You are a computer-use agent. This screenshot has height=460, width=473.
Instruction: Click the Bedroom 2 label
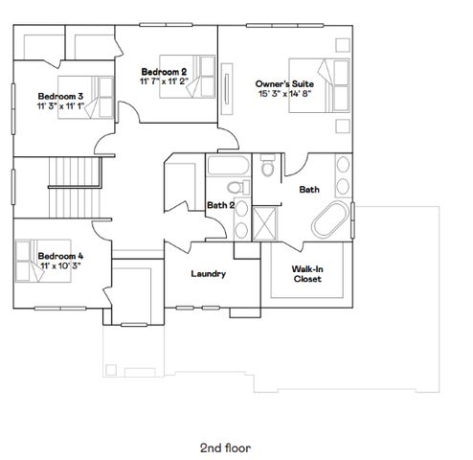(163, 72)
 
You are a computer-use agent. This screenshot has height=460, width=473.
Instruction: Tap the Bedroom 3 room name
(61, 96)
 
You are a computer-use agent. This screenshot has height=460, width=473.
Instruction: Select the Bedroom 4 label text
(61, 256)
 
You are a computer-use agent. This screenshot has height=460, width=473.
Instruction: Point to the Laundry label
(208, 274)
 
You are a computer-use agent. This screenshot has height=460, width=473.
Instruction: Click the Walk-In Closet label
(306, 274)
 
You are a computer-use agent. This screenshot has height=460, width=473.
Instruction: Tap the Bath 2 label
(221, 205)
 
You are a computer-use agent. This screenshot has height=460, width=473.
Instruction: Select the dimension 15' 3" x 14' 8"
(281, 93)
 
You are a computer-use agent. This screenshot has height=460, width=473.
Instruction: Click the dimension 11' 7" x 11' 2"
(164, 82)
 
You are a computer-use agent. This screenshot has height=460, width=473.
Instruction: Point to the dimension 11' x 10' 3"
(61, 266)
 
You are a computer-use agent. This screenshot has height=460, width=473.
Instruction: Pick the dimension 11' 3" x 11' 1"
(60, 106)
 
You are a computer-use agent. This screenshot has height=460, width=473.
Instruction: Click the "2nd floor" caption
(225, 420)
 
